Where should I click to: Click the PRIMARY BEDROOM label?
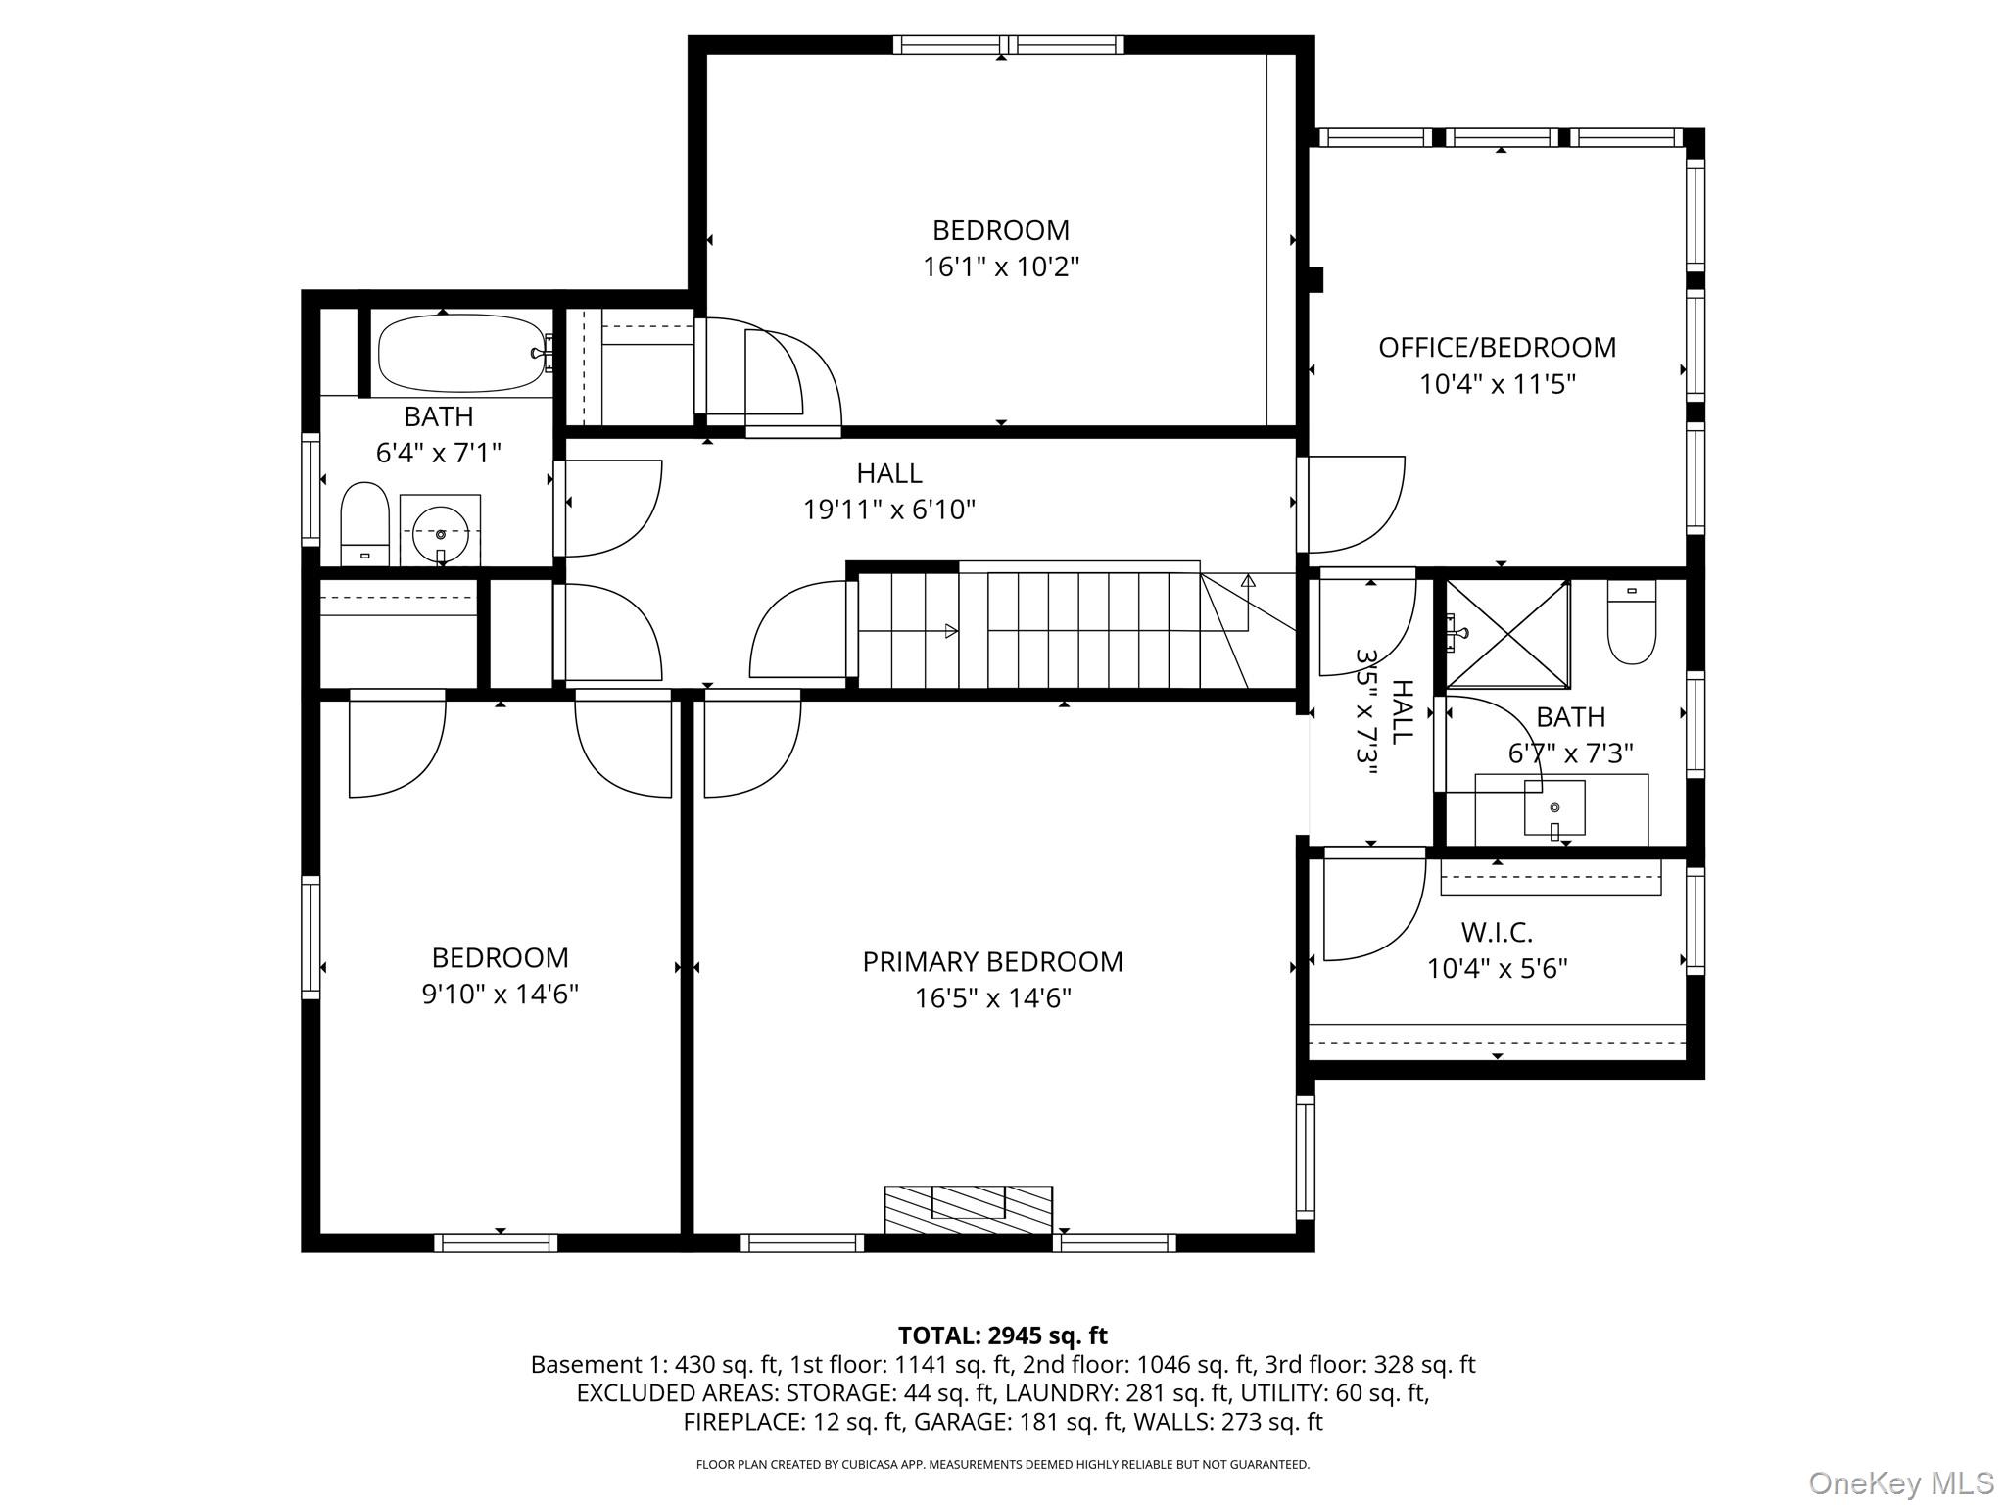992,962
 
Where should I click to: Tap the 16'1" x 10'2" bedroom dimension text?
1000,267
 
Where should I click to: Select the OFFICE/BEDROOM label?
1497,348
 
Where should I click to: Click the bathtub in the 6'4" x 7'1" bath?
460,353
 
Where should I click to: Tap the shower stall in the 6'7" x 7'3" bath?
1507,634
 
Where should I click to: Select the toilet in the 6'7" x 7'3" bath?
1632,623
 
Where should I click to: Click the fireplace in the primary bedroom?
968,1209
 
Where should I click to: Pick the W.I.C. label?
1497,932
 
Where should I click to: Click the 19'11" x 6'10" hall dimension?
889,510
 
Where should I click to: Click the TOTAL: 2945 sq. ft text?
1002,1335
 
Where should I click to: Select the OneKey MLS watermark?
1900,1482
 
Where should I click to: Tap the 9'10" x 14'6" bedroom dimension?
500,995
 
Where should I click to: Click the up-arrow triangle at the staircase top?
1248,581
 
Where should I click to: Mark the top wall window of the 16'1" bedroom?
1009,44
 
